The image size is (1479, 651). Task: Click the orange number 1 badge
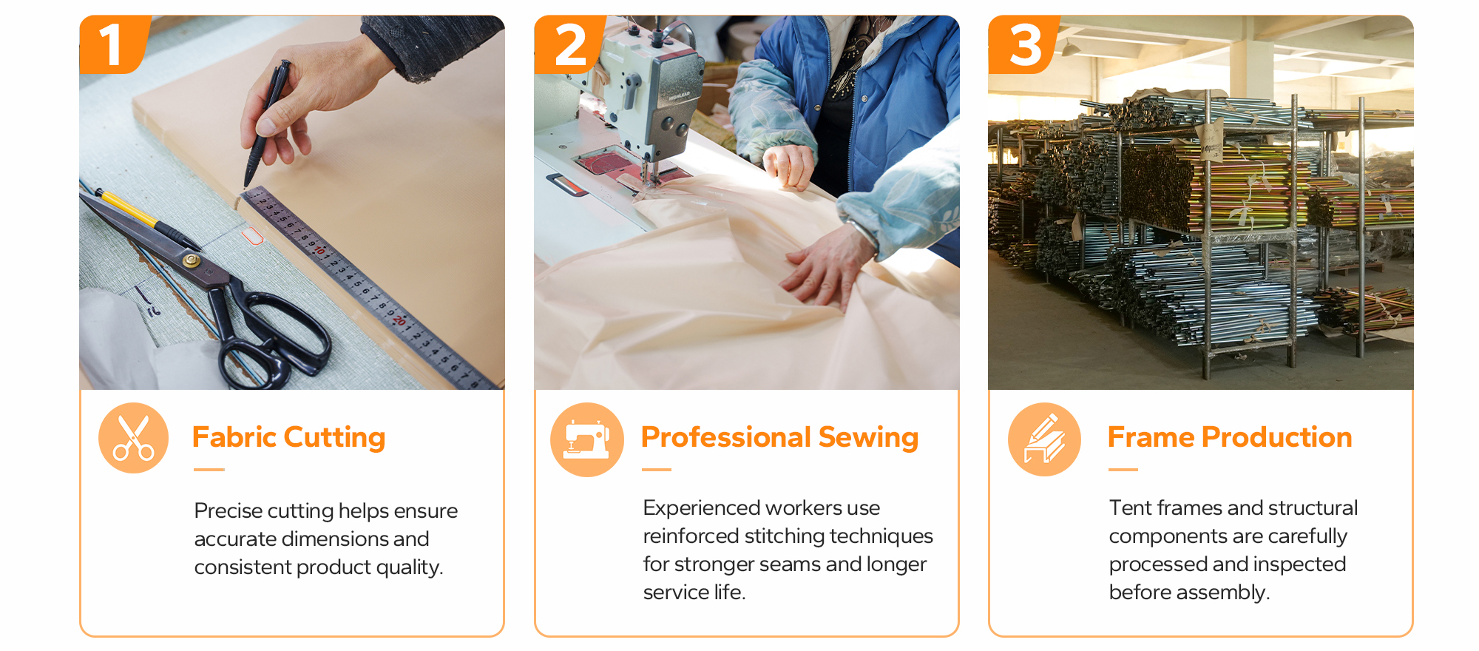coord(113,44)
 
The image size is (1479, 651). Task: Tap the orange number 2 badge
coord(569,44)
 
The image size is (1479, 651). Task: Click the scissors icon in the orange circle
coord(133,438)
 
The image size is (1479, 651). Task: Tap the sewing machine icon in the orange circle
coord(587,439)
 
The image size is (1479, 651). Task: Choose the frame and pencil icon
coord(1044,439)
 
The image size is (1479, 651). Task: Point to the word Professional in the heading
coord(725,437)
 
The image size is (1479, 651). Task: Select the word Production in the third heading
coord(1276,437)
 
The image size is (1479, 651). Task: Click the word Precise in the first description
coord(228,510)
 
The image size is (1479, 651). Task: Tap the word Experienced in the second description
coord(702,508)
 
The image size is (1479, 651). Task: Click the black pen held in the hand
coord(266,123)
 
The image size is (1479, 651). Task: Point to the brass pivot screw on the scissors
coord(192,260)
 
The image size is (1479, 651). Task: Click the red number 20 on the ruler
coord(399,320)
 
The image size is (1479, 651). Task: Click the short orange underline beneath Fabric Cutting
coord(209,469)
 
